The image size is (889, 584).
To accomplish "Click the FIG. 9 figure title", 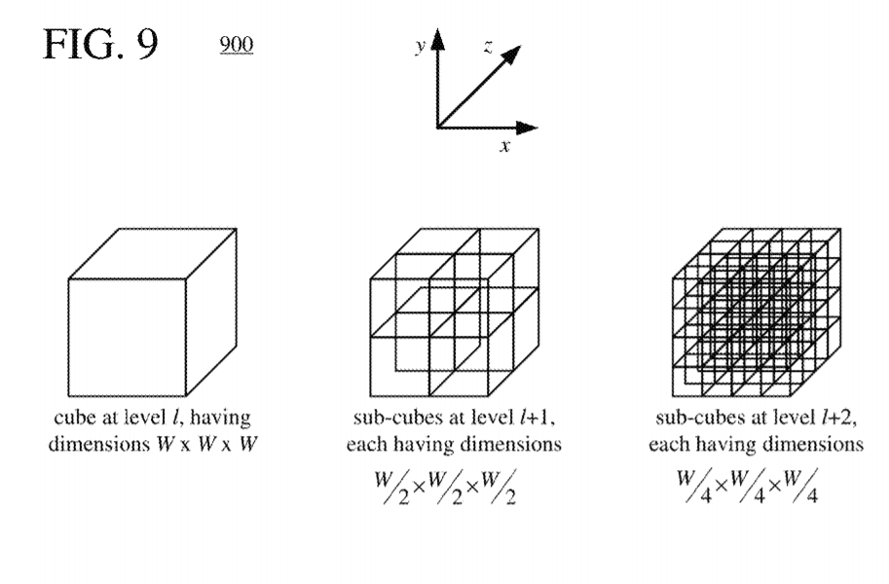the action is (100, 45).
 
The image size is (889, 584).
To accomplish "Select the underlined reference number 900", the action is (237, 45).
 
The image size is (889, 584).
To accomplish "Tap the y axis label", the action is (420, 45).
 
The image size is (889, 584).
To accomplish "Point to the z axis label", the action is (488, 47).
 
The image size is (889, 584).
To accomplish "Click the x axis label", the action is (504, 146).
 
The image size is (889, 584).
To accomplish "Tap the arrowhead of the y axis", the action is (438, 39).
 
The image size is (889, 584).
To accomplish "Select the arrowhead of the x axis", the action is (528, 128).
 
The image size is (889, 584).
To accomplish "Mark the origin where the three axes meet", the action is (438, 128).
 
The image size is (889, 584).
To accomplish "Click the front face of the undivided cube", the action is (127, 338).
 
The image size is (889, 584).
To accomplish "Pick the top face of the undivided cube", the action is (153, 253).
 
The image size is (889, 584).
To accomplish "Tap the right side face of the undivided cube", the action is (211, 311).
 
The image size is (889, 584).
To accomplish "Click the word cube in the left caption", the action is (75, 418).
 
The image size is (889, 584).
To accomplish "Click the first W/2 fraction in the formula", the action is (391, 488).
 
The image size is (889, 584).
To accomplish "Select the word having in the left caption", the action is (220, 418).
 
